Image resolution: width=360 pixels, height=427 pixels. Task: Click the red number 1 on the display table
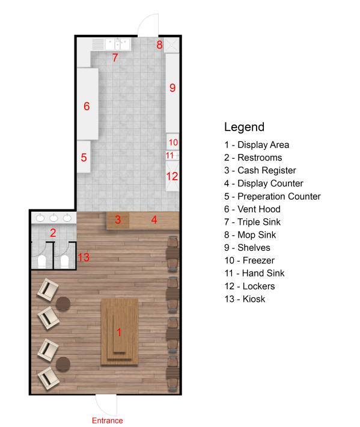click(119, 331)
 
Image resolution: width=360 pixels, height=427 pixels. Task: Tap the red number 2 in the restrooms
click(53, 233)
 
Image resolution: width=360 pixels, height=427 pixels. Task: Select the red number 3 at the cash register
click(118, 220)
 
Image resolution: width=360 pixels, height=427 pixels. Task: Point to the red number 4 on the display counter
click(154, 220)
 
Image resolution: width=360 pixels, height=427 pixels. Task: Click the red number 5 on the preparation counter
click(84, 158)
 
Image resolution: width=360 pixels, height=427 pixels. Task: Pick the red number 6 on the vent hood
click(87, 106)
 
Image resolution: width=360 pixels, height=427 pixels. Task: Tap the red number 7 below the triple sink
click(115, 58)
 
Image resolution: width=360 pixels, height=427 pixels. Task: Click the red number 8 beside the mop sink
click(159, 45)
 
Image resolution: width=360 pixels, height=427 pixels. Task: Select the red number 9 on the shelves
click(172, 88)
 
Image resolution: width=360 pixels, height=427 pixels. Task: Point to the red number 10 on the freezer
click(173, 143)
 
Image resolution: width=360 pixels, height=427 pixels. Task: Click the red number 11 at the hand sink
click(170, 155)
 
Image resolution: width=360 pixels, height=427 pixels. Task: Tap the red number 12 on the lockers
click(172, 176)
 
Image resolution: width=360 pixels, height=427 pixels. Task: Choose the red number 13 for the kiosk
click(84, 257)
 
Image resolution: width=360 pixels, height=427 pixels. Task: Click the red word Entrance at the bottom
click(107, 420)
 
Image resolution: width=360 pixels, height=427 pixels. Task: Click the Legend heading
click(244, 127)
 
